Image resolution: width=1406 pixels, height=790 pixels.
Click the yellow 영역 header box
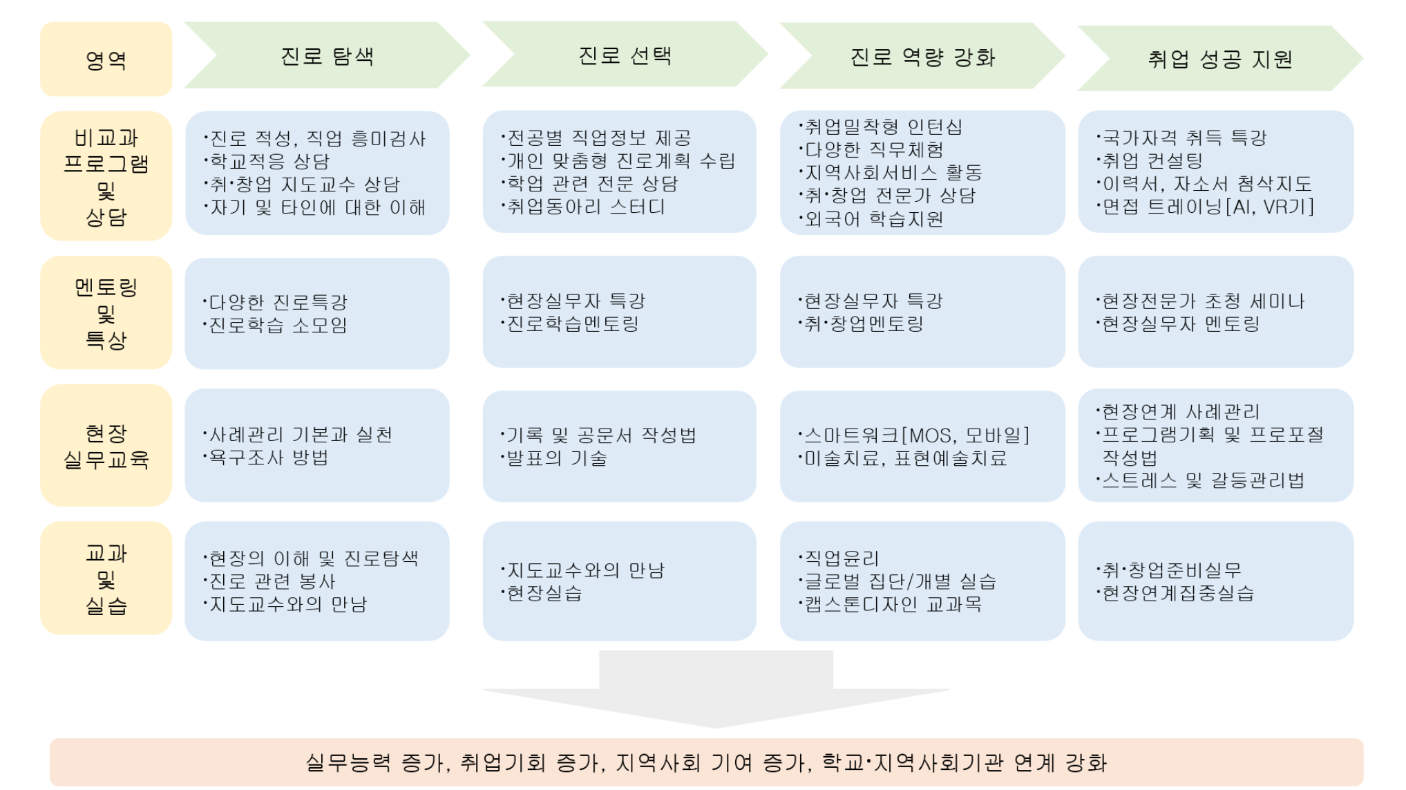106,59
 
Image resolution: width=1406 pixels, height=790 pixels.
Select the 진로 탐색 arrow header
327,56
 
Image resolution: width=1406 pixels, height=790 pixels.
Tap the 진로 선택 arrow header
625,55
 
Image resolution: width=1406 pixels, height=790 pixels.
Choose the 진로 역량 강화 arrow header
922,57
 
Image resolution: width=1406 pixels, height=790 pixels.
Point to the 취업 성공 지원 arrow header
1219,59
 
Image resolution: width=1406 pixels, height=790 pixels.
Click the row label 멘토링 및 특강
106,313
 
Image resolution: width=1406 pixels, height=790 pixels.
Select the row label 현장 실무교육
106,446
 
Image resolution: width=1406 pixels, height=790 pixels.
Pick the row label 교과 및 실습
106,579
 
